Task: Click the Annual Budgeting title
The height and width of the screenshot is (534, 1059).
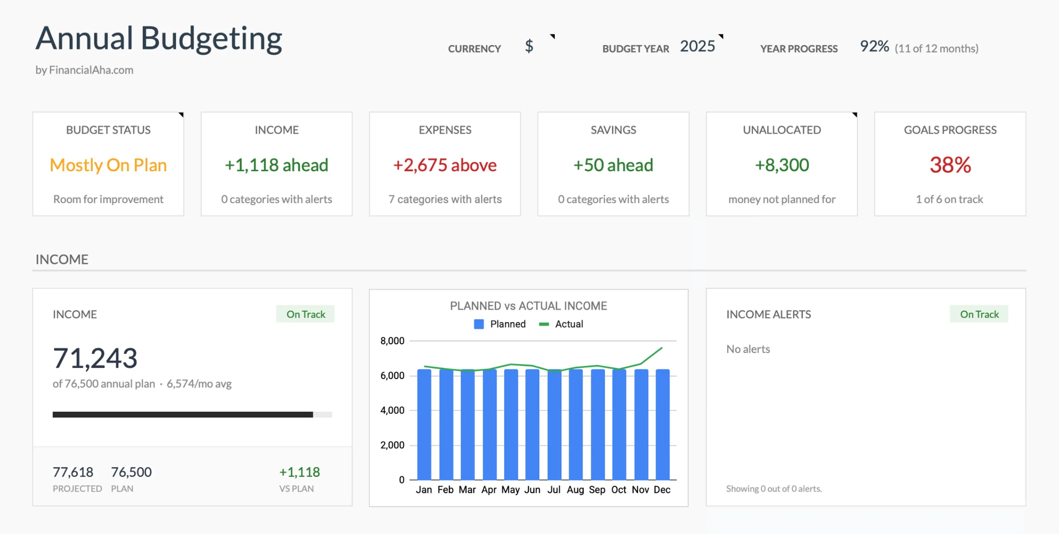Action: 158,38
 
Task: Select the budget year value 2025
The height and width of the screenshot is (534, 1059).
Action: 697,46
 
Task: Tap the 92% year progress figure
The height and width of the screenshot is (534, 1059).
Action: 874,46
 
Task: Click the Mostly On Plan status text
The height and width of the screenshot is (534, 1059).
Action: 108,165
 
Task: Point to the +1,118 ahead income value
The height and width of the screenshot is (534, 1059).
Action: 277,165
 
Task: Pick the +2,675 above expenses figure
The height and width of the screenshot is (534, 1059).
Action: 445,165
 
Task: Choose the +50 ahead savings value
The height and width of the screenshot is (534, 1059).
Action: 613,165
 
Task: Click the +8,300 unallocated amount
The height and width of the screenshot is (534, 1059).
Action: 782,165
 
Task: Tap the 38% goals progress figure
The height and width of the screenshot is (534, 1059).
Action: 950,165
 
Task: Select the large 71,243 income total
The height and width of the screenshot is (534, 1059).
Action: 95,358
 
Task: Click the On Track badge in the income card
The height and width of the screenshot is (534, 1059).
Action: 305,314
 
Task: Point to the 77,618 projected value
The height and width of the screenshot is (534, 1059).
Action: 73,472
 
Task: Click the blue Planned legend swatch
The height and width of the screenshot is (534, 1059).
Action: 479,324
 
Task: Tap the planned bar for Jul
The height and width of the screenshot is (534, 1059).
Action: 554,426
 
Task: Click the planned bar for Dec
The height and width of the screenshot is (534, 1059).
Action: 662,426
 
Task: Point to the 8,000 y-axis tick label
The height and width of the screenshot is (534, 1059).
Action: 392,341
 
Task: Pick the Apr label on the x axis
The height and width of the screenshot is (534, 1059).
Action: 489,490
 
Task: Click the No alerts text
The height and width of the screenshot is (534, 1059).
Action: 748,349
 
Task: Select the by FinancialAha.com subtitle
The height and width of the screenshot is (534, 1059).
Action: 84,70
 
